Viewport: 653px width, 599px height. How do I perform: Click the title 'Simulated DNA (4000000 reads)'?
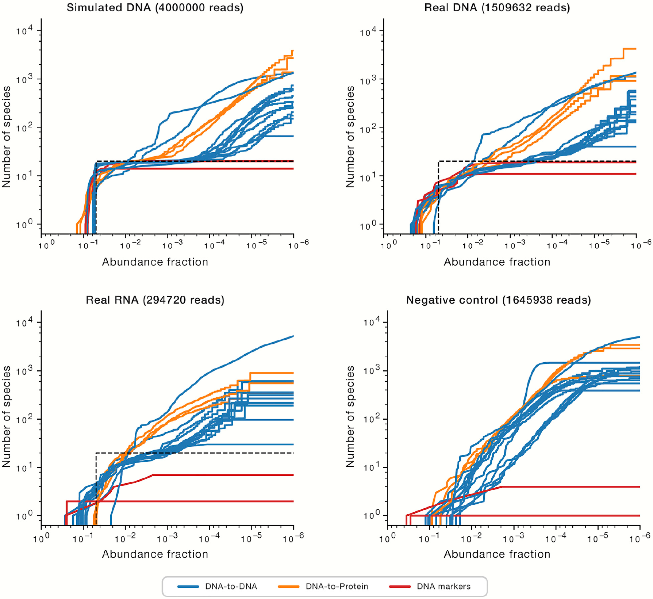(155, 8)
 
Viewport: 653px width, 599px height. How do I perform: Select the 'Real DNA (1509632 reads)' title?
(497, 8)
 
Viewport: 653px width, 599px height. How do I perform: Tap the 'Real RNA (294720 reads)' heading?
(155, 300)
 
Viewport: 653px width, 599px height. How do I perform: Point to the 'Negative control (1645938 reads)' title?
(498, 300)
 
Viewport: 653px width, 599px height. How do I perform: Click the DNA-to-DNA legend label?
(231, 587)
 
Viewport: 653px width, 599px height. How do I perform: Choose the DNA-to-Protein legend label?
(337, 587)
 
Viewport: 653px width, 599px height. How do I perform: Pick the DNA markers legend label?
(443, 587)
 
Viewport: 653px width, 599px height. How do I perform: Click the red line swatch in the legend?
(400, 587)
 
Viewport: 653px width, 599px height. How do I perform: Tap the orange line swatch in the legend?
(289, 587)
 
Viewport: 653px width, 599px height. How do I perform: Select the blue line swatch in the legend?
(188, 587)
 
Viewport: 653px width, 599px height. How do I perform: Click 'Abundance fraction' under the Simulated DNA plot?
(155, 262)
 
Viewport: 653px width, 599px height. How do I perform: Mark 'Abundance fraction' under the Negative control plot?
(497, 554)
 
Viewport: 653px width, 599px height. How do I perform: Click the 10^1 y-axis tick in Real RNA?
(24, 468)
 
